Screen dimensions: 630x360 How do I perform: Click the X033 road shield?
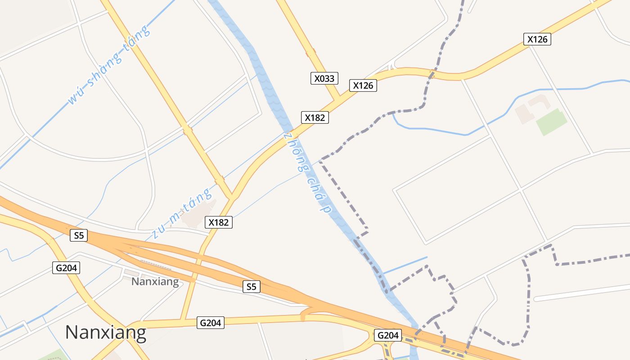coord(324,78)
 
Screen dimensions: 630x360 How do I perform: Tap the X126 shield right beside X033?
coord(363,85)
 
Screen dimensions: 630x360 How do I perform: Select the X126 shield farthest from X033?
coord(537,39)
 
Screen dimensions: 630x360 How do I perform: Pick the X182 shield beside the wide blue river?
coord(315,118)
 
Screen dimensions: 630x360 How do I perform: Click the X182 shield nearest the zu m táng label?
coord(219,222)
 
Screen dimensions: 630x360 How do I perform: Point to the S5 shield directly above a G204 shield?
coord(79,235)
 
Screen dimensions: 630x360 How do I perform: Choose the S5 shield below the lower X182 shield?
coord(251,286)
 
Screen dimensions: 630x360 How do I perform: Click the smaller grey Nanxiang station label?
coord(155,282)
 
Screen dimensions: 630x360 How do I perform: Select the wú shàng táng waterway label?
coord(108,66)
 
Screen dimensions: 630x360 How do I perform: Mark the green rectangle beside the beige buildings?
coord(551,122)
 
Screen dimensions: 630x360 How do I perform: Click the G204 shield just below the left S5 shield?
coord(66,268)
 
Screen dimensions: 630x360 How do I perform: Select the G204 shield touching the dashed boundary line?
coord(387,335)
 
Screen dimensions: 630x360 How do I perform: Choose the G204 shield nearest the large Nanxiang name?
coord(210,323)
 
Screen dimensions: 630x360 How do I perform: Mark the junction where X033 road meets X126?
coord(337,99)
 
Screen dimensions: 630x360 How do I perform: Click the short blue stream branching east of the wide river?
coord(404,265)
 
